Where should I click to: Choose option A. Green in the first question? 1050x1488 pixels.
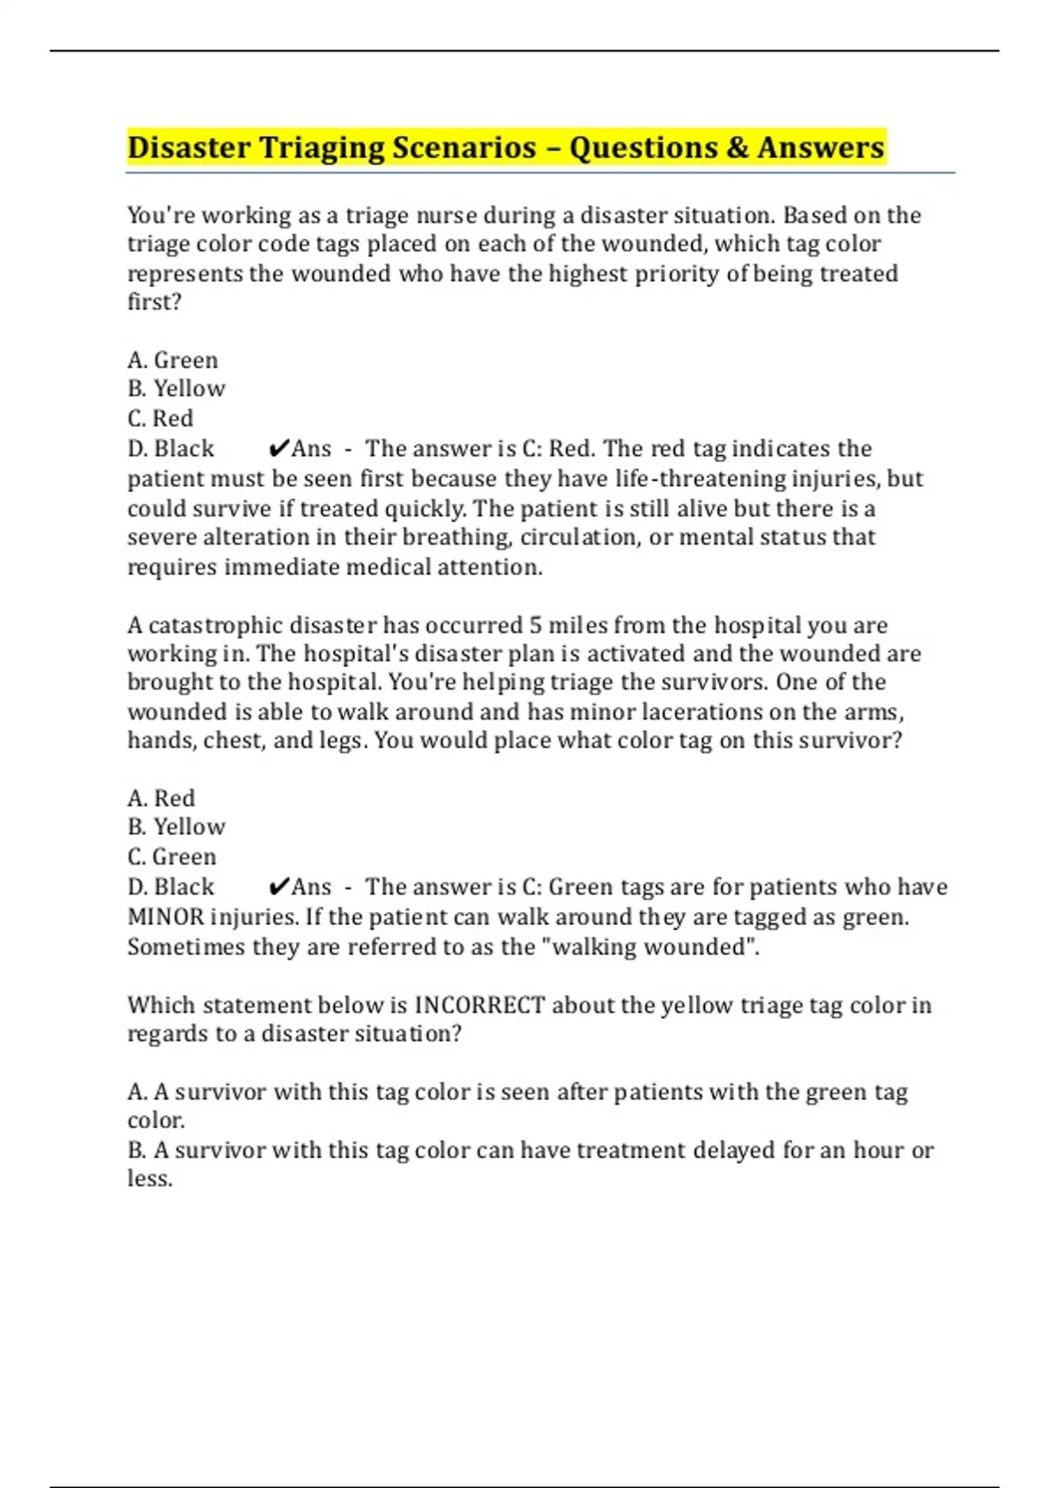coord(172,360)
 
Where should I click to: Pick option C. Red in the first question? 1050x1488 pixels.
coord(160,418)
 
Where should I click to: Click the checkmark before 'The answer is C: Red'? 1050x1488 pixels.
coord(278,449)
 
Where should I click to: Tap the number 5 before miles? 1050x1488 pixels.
coord(535,625)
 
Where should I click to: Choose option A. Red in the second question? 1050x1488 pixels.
coord(161,798)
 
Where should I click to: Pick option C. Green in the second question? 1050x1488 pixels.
coord(171,857)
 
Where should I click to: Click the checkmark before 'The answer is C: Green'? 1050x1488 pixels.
coord(278,888)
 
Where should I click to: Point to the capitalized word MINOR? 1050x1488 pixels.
coord(165,917)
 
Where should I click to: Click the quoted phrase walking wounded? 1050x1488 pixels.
coord(653,947)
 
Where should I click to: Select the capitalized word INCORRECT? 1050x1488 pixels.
coord(479,1005)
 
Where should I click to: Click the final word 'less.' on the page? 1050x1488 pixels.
coord(150,1179)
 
